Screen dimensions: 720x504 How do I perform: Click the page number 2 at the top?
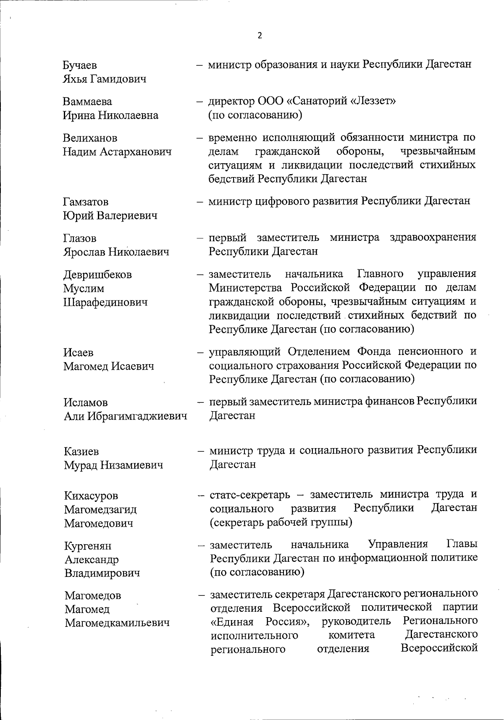pos(260,36)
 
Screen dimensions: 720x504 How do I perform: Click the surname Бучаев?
pos(80,65)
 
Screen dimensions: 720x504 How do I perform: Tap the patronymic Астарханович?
pos(135,151)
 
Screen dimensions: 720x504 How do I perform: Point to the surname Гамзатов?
pos(86,202)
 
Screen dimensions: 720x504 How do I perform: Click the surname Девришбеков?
pos(97,274)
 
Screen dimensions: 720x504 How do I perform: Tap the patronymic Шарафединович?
pos(105,302)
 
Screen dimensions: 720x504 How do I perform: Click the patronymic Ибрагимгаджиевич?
pos(137,416)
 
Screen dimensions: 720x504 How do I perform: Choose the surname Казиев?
pos(81,451)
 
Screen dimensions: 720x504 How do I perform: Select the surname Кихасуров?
pos(91,496)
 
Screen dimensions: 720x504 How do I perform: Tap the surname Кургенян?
pos(88,546)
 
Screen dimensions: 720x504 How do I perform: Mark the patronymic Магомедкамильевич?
pos(117,623)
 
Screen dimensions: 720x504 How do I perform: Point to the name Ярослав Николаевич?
pos(116,252)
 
